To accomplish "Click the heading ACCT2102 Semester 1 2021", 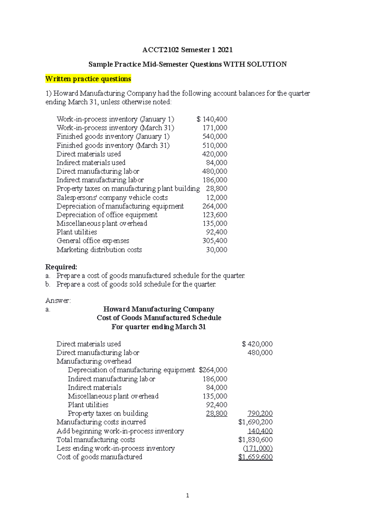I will (x=187, y=50).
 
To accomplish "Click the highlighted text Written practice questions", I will (x=88, y=79).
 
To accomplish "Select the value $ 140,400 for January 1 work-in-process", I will (x=212, y=119).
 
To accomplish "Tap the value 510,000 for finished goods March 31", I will (x=215, y=145).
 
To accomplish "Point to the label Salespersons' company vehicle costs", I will (x=112, y=198).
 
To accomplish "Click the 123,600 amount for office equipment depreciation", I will (x=215, y=215).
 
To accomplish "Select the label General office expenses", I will (x=93, y=241).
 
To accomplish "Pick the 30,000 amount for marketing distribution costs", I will (x=216, y=250).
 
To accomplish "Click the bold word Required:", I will (x=61, y=267).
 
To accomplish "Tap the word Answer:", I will (x=58, y=301).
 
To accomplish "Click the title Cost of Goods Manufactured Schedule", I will (x=159, y=318).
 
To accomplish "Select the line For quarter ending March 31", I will (x=159, y=327).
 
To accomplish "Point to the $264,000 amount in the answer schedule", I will (x=213, y=370).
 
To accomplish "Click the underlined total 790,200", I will (x=260, y=414).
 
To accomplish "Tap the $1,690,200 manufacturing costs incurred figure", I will (x=255, y=422).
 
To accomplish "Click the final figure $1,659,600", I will (x=255, y=457).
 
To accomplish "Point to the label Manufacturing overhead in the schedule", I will (x=94, y=361).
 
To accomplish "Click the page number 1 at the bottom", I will (x=187, y=495).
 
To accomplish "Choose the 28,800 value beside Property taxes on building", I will (x=217, y=414).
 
